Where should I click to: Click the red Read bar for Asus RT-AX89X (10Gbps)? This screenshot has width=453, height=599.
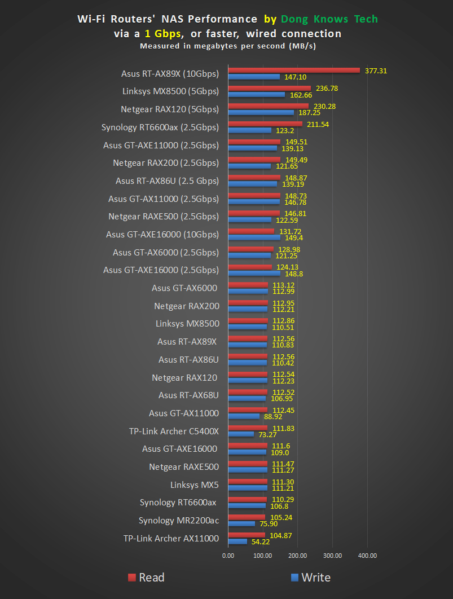click(x=293, y=71)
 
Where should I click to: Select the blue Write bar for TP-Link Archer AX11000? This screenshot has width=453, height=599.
click(x=238, y=541)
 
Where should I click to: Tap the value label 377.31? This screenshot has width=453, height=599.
click(x=376, y=71)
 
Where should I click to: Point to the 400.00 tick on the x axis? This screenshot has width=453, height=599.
click(x=367, y=556)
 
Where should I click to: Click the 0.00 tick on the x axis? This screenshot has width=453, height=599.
click(x=228, y=556)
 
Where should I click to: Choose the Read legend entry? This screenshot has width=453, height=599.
click(x=146, y=577)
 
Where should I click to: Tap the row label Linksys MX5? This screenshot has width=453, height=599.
click(x=194, y=485)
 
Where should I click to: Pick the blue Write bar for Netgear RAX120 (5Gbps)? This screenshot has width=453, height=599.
click(x=261, y=113)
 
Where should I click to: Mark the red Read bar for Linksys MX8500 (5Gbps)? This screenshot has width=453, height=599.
click(x=269, y=89)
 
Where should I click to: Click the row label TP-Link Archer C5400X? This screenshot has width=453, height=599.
click(x=173, y=431)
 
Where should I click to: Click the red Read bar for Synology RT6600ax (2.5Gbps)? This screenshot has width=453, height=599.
click(x=265, y=124)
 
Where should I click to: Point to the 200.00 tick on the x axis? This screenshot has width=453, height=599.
click(x=297, y=556)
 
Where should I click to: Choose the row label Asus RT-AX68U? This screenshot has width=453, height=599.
click(x=188, y=395)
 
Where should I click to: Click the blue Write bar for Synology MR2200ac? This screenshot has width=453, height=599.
click(x=241, y=523)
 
